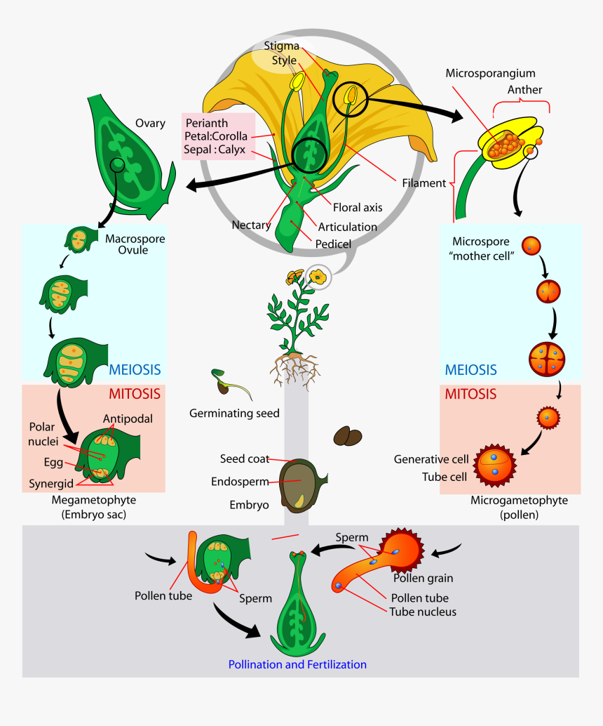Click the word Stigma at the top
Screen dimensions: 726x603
tap(282, 46)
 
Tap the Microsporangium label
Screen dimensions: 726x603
tap(491, 73)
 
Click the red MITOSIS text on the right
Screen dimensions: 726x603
tap(471, 394)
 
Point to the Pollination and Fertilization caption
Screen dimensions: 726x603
tap(297, 664)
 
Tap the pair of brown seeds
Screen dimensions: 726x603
tap(348, 436)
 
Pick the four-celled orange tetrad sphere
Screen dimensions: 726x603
tap(546, 357)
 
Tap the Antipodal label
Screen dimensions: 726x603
tap(128, 418)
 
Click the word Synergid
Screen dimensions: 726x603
tap(51, 484)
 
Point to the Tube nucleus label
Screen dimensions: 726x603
tap(423, 612)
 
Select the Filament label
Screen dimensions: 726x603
tap(424, 183)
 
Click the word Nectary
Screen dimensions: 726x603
tap(251, 225)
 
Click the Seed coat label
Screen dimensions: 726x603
tap(244, 459)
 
